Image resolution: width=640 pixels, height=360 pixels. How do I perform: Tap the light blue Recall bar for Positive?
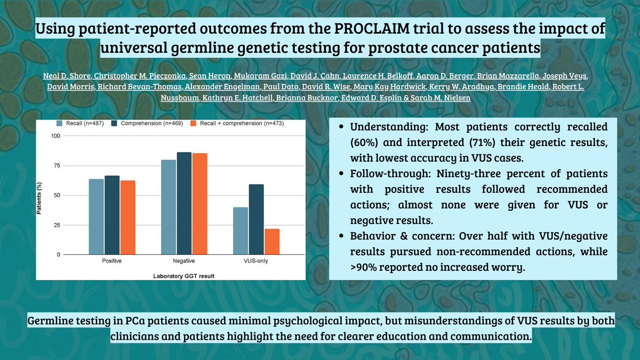pyautogui.click(x=96, y=217)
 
